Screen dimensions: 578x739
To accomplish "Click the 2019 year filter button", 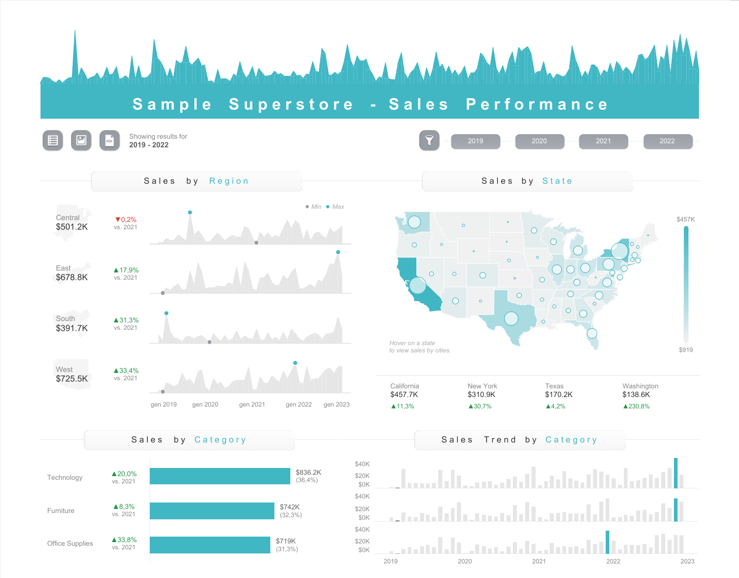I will click(476, 141).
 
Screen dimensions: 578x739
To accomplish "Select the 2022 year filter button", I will click(668, 141).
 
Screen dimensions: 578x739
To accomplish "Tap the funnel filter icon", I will click(429, 141).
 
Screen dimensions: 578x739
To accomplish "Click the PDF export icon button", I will click(110, 141).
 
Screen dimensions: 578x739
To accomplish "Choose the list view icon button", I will click(53, 141).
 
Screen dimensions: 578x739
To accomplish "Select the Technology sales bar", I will click(220, 476).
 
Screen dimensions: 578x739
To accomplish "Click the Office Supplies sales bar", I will click(210, 545).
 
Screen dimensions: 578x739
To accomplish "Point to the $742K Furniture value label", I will click(290, 507).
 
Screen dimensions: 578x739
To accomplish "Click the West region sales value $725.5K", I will click(72, 378).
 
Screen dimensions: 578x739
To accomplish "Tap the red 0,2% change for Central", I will click(126, 220).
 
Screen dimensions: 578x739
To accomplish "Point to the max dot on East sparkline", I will click(338, 252).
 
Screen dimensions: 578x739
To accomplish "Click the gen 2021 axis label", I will click(252, 404).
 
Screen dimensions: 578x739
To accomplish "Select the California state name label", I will click(405, 386).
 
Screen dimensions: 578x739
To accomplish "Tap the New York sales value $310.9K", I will click(481, 395).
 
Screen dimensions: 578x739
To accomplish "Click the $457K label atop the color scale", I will click(685, 219).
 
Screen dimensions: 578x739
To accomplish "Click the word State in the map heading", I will click(557, 181).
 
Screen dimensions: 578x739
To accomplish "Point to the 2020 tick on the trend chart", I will click(465, 561).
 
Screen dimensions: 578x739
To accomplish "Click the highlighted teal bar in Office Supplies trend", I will click(607, 542).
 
